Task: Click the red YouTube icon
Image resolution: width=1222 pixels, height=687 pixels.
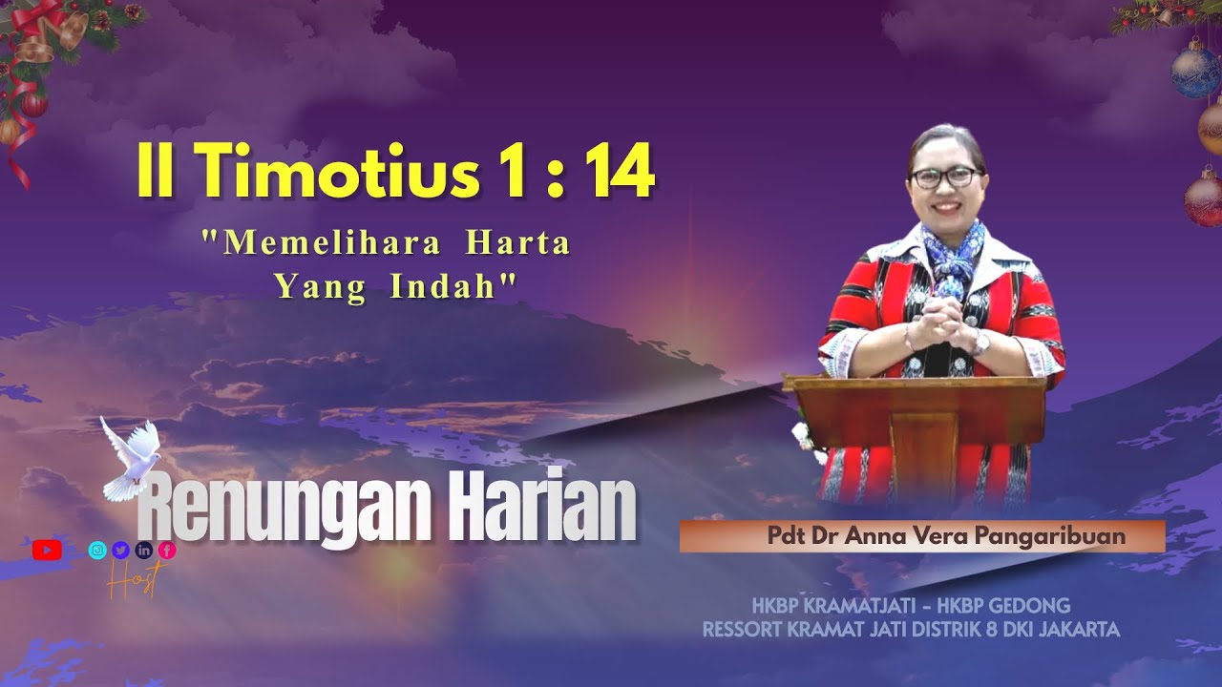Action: (x=47, y=550)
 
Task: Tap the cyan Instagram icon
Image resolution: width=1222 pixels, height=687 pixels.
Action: (x=97, y=550)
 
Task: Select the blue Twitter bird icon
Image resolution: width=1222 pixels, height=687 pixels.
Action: (x=120, y=550)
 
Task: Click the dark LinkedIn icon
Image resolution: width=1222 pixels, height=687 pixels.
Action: (x=144, y=550)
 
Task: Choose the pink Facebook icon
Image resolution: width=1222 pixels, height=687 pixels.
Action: (x=167, y=550)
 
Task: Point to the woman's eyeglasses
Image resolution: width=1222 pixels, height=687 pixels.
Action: (x=945, y=177)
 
